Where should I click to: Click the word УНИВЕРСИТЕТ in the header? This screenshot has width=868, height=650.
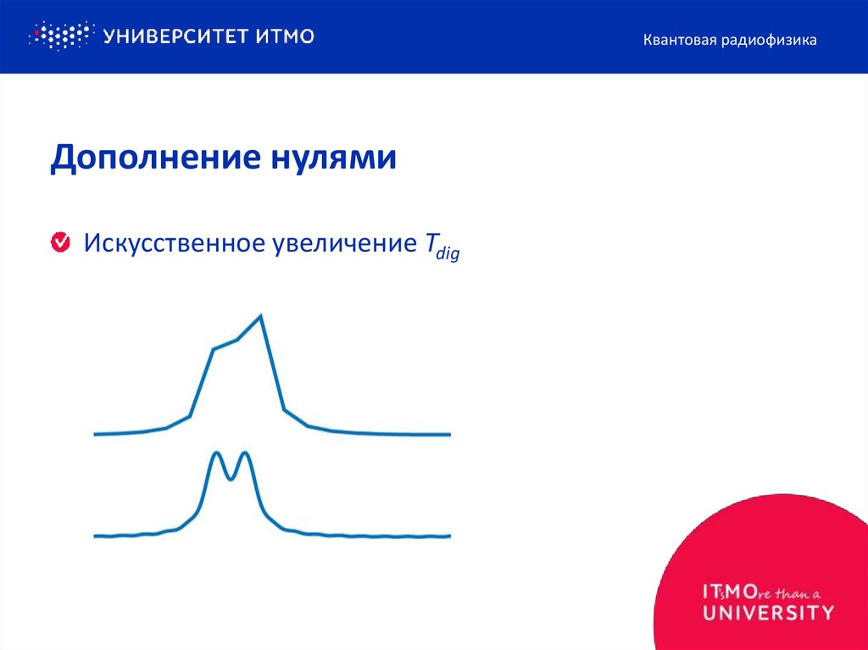pos(175,36)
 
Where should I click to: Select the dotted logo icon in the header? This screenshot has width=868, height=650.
pos(59,36)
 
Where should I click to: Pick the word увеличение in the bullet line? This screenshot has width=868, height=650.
pos(336,243)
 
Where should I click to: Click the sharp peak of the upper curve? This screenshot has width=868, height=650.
pos(260,316)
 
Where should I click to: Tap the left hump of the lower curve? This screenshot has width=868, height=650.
pos(215,454)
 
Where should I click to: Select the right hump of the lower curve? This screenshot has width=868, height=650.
pos(246,454)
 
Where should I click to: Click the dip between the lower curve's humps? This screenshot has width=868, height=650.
pos(231,479)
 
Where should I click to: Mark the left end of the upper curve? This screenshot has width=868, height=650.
pos(96,434)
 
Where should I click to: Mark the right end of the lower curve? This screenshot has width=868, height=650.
pos(448,536)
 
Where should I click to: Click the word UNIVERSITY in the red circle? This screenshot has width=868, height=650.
pos(767,612)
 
